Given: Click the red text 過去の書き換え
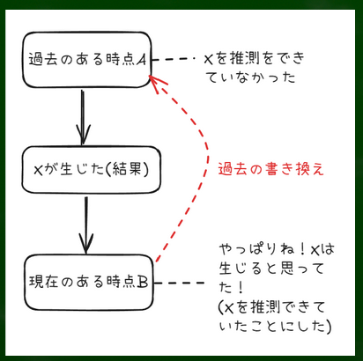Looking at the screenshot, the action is pyautogui.click(x=270, y=169).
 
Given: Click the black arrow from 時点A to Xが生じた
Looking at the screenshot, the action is pyautogui.click(x=83, y=117).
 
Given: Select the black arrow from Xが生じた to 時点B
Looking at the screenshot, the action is pyautogui.click(x=85, y=225).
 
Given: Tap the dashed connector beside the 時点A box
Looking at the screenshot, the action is pyautogui.click(x=174, y=59).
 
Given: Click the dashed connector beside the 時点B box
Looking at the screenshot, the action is pyautogui.click(x=179, y=283).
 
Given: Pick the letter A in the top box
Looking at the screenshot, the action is pyautogui.click(x=141, y=60).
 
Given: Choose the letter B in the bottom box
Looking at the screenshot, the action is pyautogui.click(x=142, y=282).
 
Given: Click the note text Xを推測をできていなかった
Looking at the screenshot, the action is pyautogui.click(x=255, y=68).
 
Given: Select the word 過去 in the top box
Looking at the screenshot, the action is pyautogui.click(x=42, y=60).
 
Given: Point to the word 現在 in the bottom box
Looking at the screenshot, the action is pyautogui.click(x=43, y=282).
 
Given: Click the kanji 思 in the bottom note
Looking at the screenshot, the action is pyautogui.click(x=287, y=268).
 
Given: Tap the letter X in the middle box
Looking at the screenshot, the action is pyautogui.click(x=39, y=170).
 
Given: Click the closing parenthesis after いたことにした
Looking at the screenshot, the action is pyautogui.click(x=328, y=326).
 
